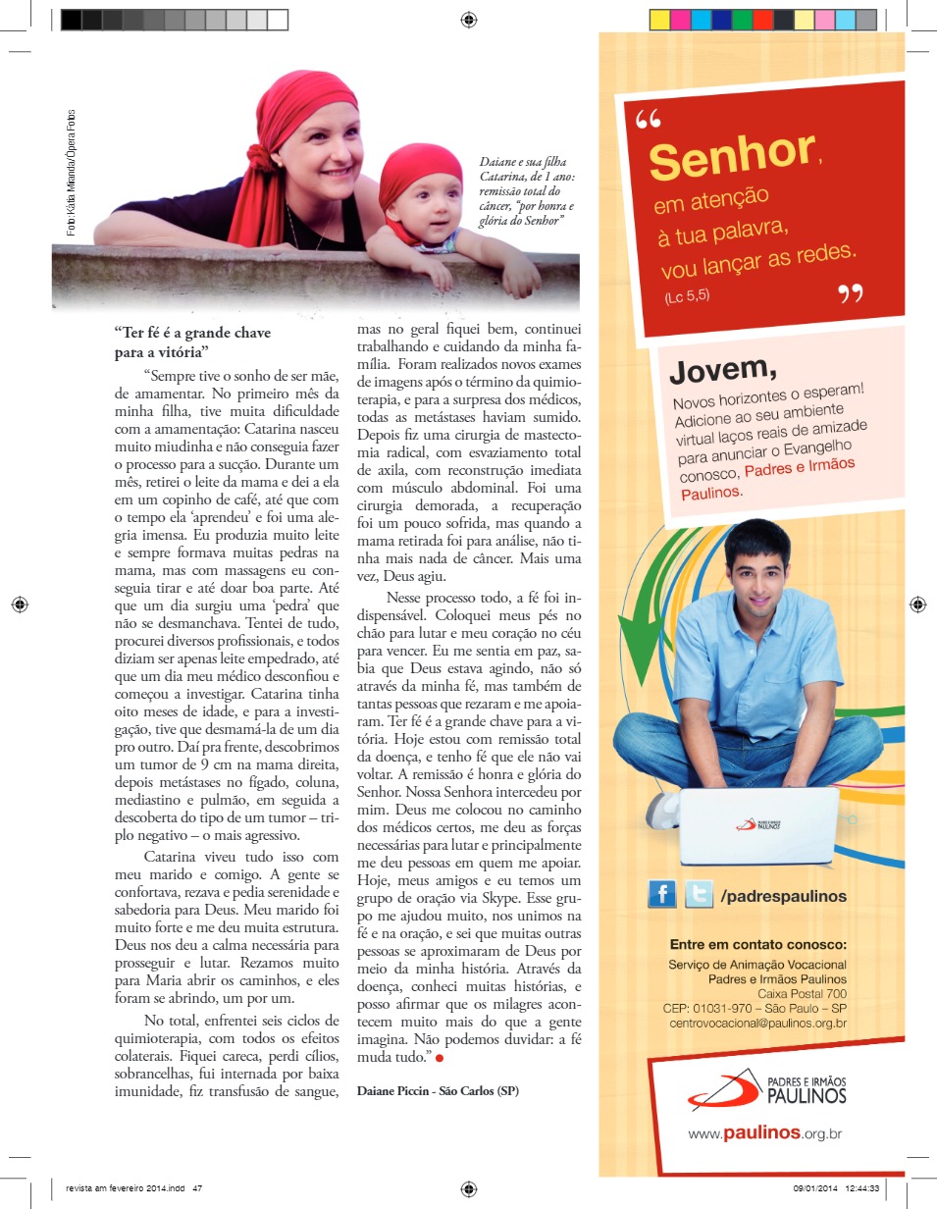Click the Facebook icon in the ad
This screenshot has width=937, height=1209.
click(662, 894)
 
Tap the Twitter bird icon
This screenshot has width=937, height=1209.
click(699, 894)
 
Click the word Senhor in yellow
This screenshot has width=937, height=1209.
click(731, 157)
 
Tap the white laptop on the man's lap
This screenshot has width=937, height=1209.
click(758, 825)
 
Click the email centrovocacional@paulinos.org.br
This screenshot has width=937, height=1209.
click(758, 1024)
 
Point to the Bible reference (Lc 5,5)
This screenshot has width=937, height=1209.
click(686, 295)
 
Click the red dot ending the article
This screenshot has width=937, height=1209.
click(440, 1058)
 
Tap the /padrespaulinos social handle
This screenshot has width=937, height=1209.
click(783, 895)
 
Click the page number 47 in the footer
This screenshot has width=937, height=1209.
click(197, 1187)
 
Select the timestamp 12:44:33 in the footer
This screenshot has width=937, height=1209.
click(859, 1187)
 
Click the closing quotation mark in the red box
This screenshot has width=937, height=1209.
click(850, 293)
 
